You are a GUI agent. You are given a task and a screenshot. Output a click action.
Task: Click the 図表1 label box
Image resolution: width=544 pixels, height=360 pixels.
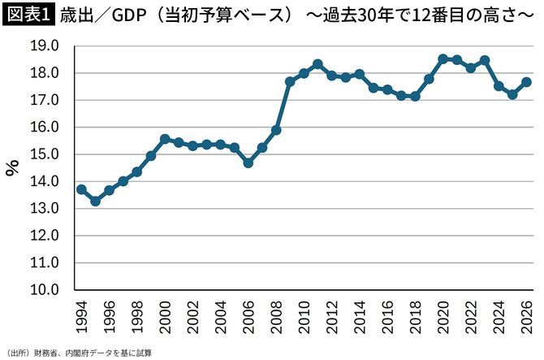[x=27, y=15]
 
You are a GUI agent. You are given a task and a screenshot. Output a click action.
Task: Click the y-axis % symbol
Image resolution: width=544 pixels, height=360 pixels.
[x=13, y=167]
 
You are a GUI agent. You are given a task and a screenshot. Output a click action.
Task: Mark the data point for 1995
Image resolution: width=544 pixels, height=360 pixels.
[x=95, y=201]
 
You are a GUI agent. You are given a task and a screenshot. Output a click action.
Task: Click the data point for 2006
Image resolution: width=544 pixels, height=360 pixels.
[x=248, y=163]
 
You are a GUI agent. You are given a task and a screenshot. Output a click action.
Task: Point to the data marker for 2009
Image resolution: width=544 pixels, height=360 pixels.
[x=290, y=81]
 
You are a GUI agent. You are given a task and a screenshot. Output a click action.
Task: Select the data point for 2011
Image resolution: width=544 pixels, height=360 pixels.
[x=317, y=64]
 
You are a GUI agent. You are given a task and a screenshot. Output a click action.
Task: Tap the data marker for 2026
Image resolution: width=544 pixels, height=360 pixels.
[x=526, y=81]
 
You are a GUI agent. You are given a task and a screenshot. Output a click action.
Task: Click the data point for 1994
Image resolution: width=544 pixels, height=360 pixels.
[x=81, y=189]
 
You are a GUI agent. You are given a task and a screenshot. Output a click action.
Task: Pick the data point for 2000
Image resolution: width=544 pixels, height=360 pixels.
[x=165, y=139]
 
